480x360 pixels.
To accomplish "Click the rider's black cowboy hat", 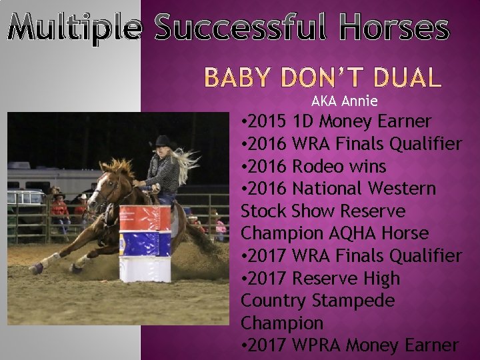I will (x=161, y=141).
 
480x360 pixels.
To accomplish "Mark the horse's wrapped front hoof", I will (x=37, y=268).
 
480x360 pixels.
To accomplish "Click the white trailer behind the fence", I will (x=40, y=180).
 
